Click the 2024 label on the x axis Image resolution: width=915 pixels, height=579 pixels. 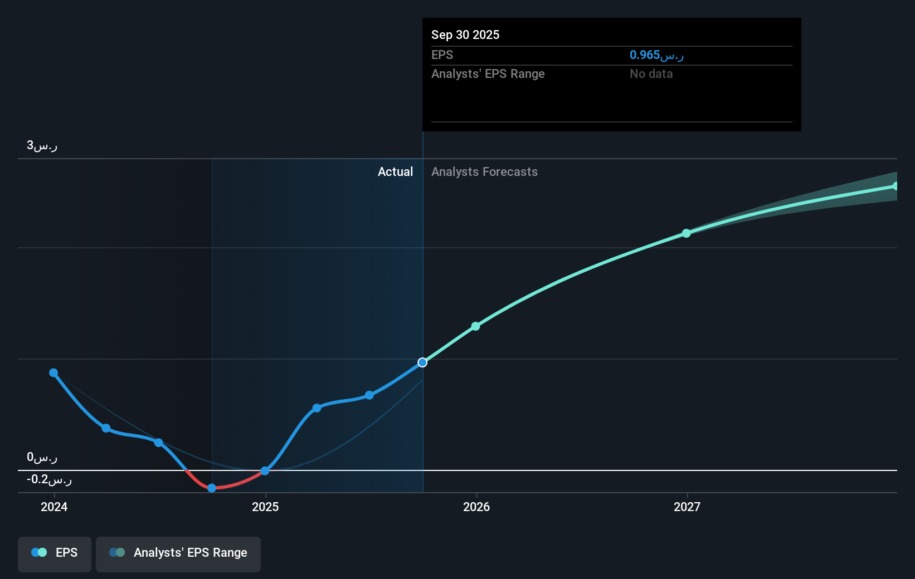pyautogui.click(x=54, y=507)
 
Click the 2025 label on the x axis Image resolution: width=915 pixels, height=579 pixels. pyautogui.click(x=265, y=507)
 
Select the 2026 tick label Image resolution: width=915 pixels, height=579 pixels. pyautogui.click(x=476, y=507)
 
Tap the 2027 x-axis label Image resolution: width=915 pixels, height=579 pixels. pyautogui.click(x=687, y=507)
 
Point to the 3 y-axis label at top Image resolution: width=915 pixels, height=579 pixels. pyautogui.click(x=42, y=146)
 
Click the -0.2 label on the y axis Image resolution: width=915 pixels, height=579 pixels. pyautogui.click(x=49, y=479)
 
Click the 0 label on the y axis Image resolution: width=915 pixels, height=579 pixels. pyautogui.click(x=42, y=458)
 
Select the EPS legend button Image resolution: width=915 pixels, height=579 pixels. pyautogui.click(x=55, y=553)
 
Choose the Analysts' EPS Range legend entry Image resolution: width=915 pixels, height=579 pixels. pyautogui.click(x=178, y=553)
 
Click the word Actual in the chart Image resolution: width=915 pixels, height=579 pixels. pyautogui.click(x=395, y=172)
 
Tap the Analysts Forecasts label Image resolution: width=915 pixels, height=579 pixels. pyautogui.click(x=484, y=172)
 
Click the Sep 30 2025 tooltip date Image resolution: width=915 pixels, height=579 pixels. pyautogui.click(x=465, y=35)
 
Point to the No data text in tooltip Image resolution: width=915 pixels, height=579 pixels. pyautogui.click(x=651, y=74)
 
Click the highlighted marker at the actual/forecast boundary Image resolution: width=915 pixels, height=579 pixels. pyautogui.click(x=422, y=362)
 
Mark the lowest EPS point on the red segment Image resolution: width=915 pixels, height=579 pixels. pyautogui.click(x=212, y=488)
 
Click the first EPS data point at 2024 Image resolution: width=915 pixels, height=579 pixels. pyautogui.click(x=53, y=373)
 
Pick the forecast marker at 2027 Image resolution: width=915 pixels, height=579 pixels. pyautogui.click(x=687, y=233)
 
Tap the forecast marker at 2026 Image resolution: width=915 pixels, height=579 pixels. pyautogui.click(x=475, y=326)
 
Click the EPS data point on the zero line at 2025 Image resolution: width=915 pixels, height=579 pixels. pyautogui.click(x=265, y=471)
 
